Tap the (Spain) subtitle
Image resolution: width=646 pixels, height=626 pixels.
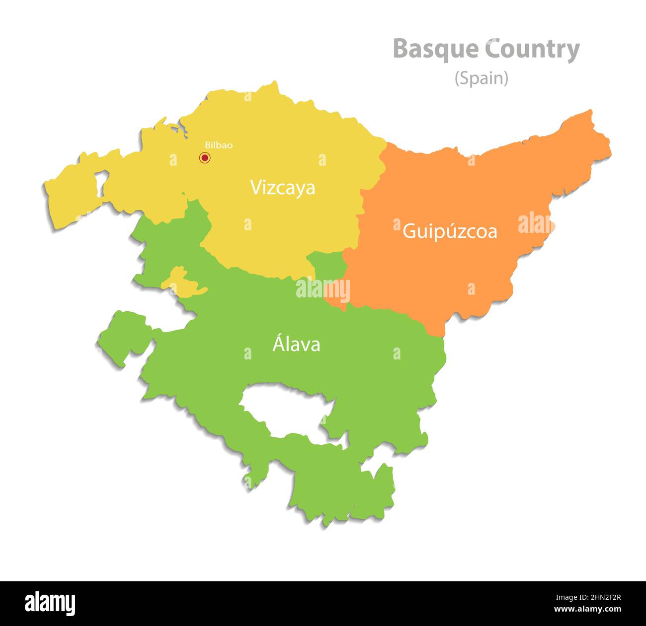481,78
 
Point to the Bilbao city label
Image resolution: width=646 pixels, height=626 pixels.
219,145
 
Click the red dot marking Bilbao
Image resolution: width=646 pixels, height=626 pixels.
204,158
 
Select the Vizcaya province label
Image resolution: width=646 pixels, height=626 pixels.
282,188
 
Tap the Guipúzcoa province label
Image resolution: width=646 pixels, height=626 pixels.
449,231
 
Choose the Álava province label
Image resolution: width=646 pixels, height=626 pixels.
296,344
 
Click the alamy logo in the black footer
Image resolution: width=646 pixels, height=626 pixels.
50,604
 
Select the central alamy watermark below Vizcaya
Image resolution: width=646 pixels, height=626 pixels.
323,289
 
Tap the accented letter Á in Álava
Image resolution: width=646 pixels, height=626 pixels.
278,343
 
